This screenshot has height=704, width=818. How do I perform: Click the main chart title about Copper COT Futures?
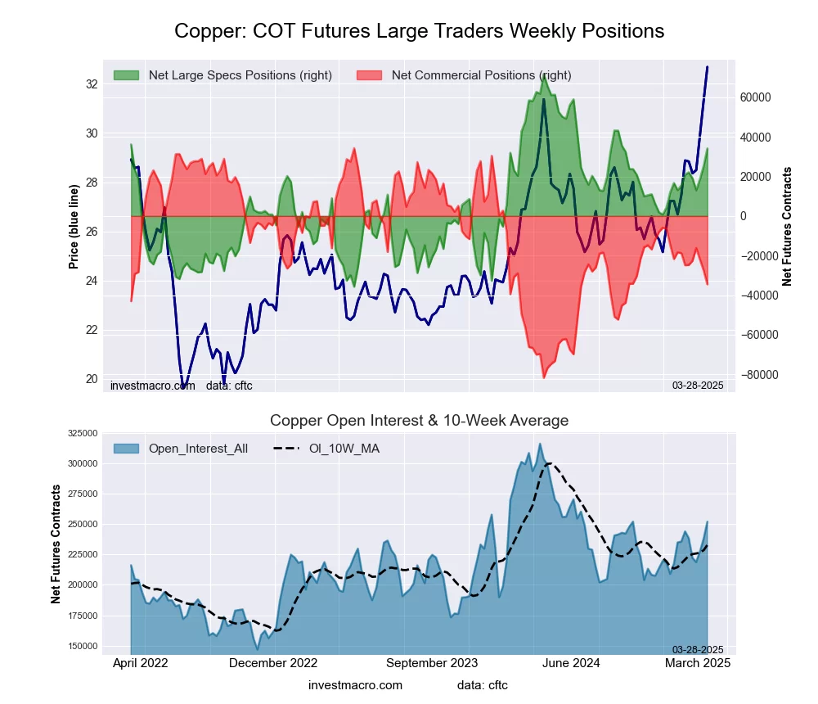[419, 31]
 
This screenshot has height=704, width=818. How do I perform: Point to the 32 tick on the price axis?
[92, 84]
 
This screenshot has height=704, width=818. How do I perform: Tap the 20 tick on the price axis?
[92, 379]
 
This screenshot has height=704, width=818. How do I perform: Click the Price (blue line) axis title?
[74, 227]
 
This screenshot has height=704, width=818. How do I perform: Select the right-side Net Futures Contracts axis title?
[788, 227]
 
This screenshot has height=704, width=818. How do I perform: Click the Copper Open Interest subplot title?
[419, 421]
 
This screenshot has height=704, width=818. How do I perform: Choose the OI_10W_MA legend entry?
[344, 449]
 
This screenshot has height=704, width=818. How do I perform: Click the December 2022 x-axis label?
[273, 663]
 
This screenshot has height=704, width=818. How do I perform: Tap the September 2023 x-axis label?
[431, 663]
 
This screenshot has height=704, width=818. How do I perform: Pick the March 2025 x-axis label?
[696, 663]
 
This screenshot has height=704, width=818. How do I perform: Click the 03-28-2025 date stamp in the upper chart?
[698, 386]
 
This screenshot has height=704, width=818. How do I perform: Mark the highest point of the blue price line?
[708, 67]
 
